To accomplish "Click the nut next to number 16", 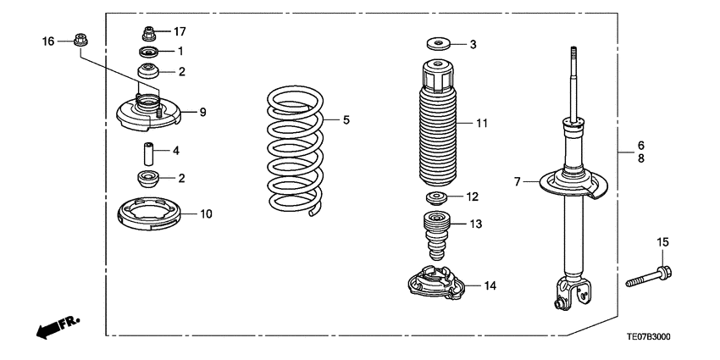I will (x=78, y=39).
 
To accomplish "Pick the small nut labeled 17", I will (x=148, y=34).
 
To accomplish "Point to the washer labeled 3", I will (x=438, y=43).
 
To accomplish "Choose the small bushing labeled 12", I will (x=437, y=198).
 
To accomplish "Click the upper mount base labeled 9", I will (x=148, y=115).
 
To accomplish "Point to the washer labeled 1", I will (x=148, y=53).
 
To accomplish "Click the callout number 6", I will (x=641, y=145).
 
